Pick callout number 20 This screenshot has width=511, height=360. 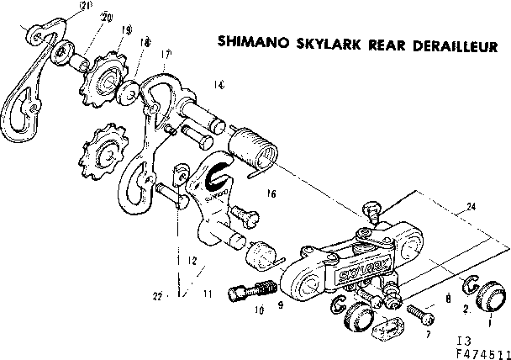tap(106, 18)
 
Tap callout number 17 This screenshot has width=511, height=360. tap(166, 54)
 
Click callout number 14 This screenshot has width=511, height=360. tap(219, 83)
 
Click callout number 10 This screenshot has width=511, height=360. tap(259, 310)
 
